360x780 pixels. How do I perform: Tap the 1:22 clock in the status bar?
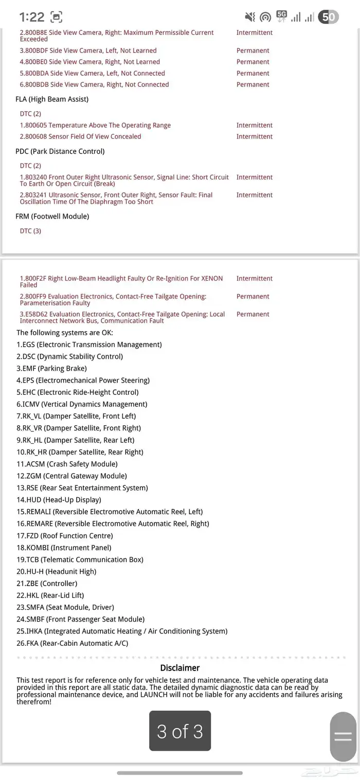point(32,17)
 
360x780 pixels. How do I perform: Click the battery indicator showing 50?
point(329,17)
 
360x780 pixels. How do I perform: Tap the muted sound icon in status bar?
point(250,17)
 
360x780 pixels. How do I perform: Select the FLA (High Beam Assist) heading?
point(52,99)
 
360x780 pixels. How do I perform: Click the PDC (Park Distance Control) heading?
point(60,151)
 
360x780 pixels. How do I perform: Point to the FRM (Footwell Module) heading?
point(52,216)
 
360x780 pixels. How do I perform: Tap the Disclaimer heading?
point(180,668)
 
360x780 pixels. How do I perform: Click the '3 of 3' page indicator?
point(180,731)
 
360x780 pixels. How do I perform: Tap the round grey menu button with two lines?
point(343,736)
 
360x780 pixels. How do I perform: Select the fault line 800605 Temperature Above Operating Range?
point(95,125)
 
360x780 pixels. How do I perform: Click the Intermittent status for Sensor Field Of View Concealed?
point(255,137)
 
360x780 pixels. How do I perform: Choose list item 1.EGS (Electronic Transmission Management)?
point(89,344)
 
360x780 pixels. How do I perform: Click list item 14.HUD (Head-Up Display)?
point(59,500)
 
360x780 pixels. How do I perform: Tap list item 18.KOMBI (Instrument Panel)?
point(64,548)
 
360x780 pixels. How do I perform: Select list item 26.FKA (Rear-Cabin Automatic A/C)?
point(72,643)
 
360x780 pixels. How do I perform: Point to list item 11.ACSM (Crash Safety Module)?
point(67,464)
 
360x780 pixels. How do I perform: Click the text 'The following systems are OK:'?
point(65,333)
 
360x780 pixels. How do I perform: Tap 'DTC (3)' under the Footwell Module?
point(30,231)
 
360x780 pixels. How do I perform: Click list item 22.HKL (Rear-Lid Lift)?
point(57,595)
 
